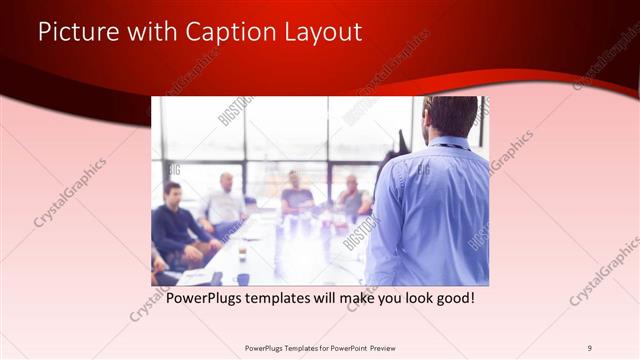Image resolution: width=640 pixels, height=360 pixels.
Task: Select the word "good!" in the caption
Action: (x=450, y=298)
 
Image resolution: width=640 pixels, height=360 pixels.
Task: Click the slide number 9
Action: (x=590, y=348)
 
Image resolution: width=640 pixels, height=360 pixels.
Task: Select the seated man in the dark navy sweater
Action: (x=175, y=225)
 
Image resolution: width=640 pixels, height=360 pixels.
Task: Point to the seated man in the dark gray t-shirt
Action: (x=297, y=194)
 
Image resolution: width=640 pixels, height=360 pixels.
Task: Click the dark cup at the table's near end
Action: (x=243, y=279)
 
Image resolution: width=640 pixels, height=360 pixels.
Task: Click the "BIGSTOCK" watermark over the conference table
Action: (x=357, y=232)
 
